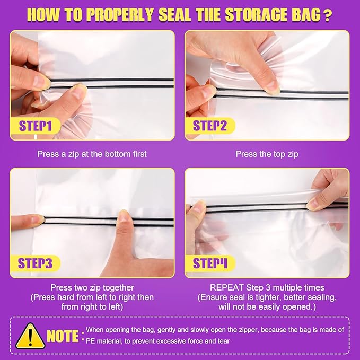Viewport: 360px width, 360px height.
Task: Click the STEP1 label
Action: pyautogui.click(x=36, y=126)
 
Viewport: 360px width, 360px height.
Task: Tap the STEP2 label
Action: pyautogui.click(x=209, y=126)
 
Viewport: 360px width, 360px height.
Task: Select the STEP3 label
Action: pyautogui.click(x=36, y=264)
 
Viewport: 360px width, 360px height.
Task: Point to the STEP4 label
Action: pyautogui.click(x=209, y=264)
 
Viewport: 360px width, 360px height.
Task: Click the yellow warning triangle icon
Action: pyautogui.click(x=30, y=336)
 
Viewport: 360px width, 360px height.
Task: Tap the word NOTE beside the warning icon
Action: pyautogui.click(x=63, y=336)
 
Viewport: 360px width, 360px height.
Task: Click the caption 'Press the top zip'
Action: pyautogui.click(x=267, y=154)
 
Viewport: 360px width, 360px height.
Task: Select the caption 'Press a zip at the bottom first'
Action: pyautogui.click(x=92, y=154)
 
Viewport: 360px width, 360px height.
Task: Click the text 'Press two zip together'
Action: pyautogui.click(x=92, y=288)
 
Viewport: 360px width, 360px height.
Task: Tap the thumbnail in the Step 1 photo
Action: pyautogui.click(x=79, y=92)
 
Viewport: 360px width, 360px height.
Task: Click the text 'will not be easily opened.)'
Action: pyautogui.click(x=267, y=307)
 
